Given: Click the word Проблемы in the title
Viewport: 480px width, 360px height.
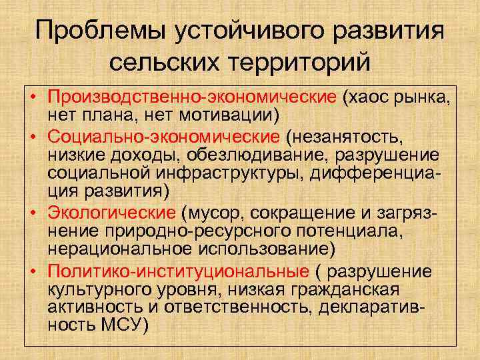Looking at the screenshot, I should (94, 31).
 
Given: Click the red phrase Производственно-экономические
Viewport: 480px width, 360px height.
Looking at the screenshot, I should (193, 99).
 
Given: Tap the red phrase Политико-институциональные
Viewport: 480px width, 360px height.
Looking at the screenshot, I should (178, 272).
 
